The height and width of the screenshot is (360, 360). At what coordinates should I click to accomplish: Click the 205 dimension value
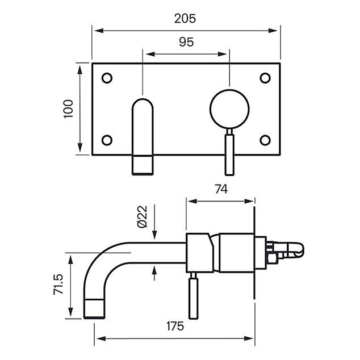(185, 19)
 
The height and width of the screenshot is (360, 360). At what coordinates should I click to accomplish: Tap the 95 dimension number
(186, 42)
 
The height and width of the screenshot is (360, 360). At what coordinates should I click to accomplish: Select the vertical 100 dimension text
(68, 109)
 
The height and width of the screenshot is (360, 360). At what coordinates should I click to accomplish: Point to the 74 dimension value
(221, 189)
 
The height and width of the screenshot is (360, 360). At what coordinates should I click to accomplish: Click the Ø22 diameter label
(142, 217)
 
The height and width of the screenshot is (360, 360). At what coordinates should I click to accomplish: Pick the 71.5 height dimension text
(58, 284)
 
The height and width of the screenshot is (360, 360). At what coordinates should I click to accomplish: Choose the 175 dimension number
(175, 326)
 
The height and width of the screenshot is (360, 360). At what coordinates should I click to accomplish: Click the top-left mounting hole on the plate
(107, 78)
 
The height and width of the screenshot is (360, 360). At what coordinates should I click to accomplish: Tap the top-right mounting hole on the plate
(265, 78)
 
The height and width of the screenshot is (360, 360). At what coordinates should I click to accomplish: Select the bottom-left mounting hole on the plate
(107, 140)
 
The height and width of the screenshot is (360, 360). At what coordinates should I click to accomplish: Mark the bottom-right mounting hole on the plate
(265, 140)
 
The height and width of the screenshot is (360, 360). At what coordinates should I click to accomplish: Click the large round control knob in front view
(229, 109)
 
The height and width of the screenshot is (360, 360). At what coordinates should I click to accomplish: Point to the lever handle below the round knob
(229, 155)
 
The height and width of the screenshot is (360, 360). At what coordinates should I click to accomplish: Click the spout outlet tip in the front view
(143, 165)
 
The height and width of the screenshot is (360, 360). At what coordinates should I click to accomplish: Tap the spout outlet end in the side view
(94, 309)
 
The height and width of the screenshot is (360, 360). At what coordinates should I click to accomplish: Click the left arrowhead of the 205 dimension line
(99, 31)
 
